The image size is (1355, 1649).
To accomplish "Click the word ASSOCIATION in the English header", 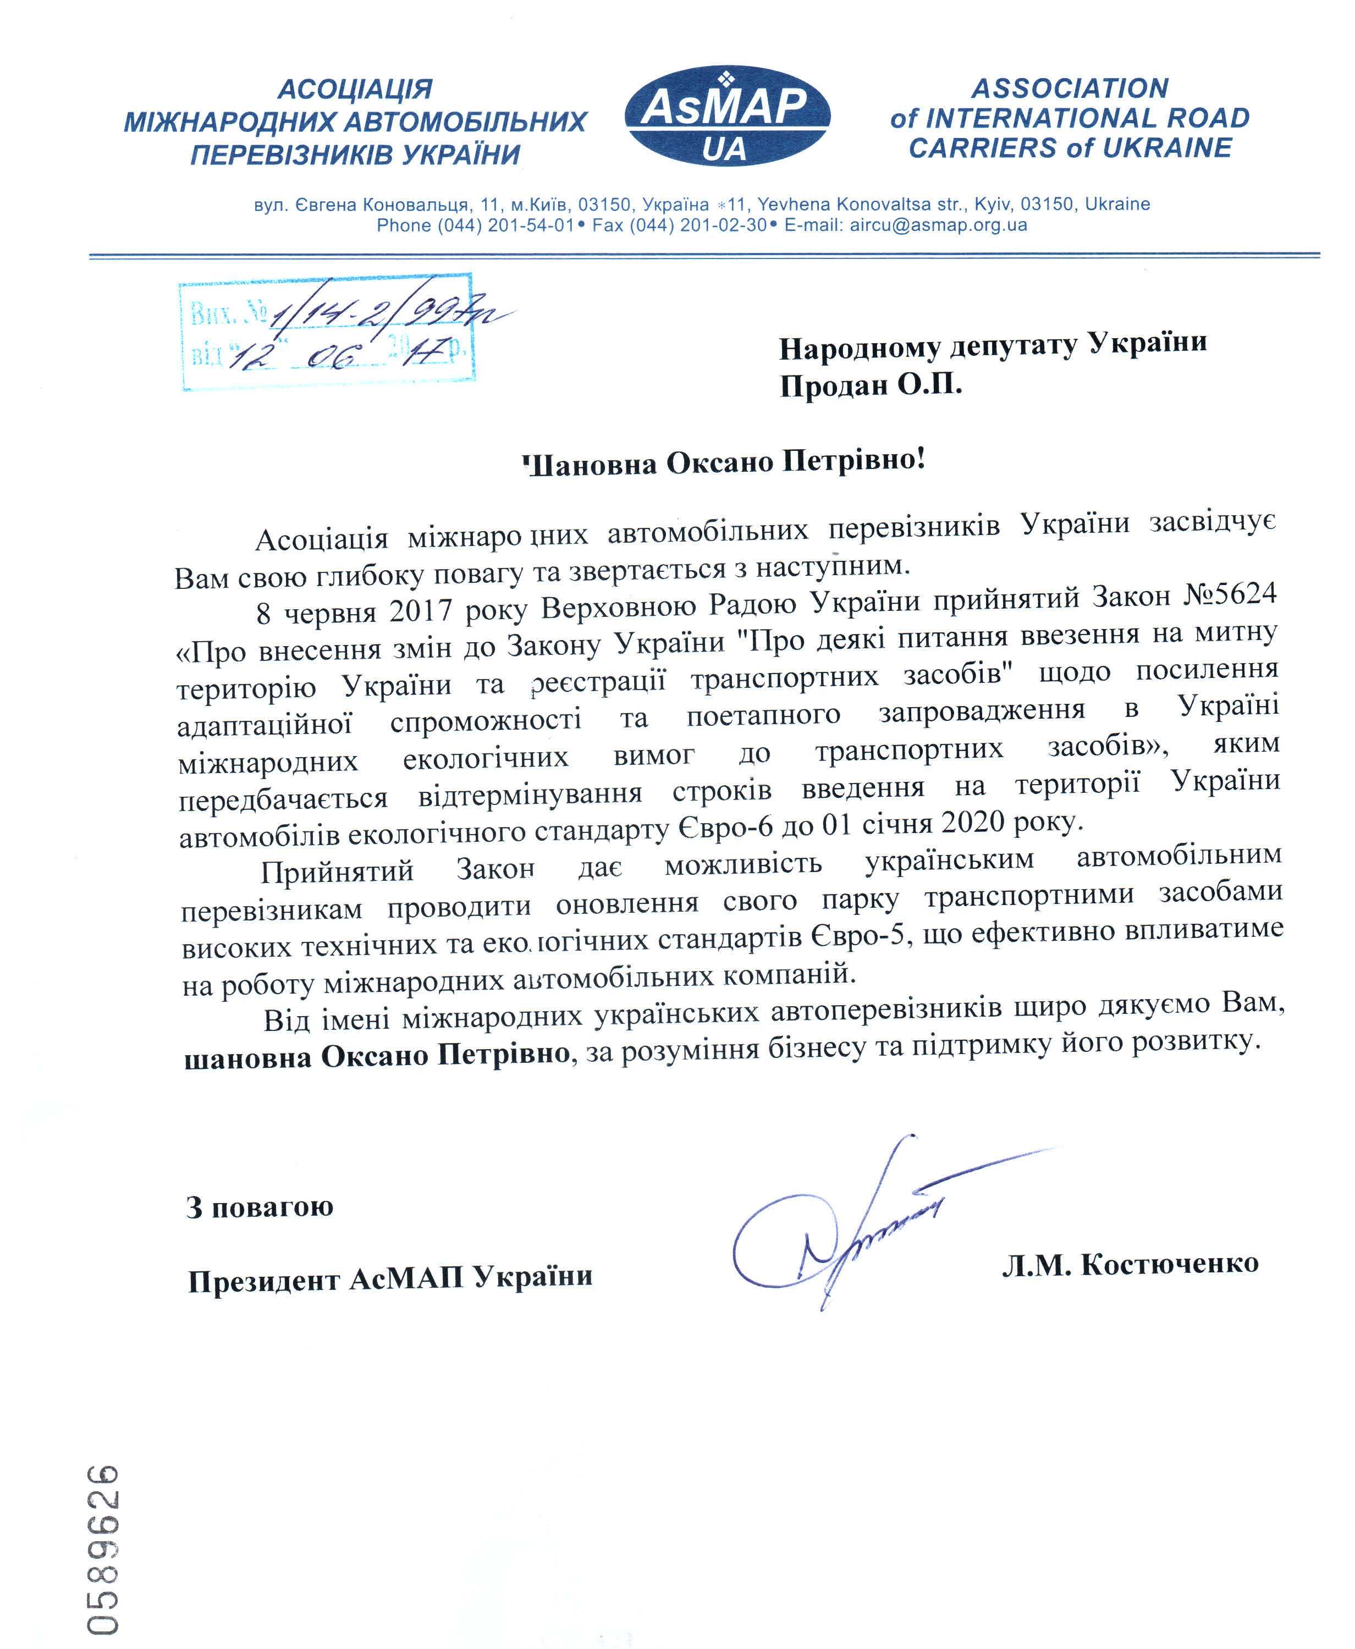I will coord(1070,88).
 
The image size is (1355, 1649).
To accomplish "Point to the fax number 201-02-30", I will coord(724,225).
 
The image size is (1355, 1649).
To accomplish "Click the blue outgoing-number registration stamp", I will coord(328,331).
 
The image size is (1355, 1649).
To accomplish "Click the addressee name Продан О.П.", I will coord(871,385).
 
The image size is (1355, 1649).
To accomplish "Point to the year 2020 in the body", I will coord(973,822).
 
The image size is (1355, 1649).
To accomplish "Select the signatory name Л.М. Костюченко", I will coord(1130,1264).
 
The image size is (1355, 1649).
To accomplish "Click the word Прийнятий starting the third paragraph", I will coord(337,870).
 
